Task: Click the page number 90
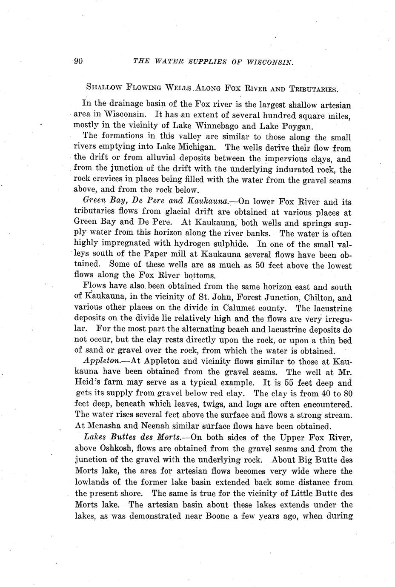click(78, 61)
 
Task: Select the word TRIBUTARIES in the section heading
click(313, 89)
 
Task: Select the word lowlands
click(93, 482)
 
